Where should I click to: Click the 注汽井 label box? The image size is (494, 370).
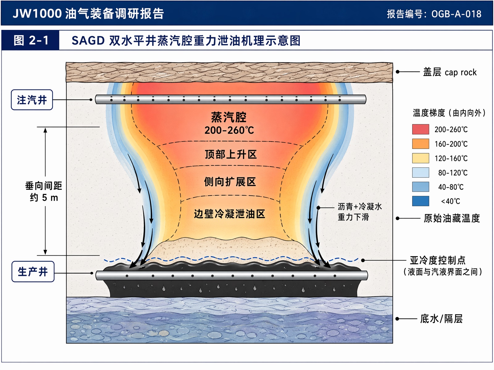(x=32, y=100)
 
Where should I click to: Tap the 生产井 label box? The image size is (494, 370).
(x=33, y=271)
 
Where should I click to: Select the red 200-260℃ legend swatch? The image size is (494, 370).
(x=421, y=129)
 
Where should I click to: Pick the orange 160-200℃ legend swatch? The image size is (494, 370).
(x=421, y=144)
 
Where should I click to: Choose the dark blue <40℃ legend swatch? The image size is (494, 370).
(x=421, y=201)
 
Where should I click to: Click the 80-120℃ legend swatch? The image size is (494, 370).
(x=421, y=173)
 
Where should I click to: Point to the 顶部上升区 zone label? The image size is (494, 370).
(x=231, y=154)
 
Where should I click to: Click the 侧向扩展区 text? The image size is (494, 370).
(x=230, y=182)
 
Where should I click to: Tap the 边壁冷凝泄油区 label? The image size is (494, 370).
(x=230, y=214)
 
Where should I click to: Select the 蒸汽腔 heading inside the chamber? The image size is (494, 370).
(x=229, y=117)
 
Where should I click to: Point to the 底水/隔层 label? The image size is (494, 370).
(x=441, y=319)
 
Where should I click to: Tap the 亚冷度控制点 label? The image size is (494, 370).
(x=437, y=260)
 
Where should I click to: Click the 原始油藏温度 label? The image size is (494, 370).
(x=452, y=218)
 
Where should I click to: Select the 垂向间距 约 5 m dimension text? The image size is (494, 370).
(x=44, y=191)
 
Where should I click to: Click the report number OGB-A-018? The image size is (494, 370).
(x=456, y=14)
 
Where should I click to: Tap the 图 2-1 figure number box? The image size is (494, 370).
(x=30, y=40)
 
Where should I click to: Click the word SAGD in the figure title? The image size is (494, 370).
(x=88, y=41)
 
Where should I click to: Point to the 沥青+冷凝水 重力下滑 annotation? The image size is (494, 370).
(x=360, y=212)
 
